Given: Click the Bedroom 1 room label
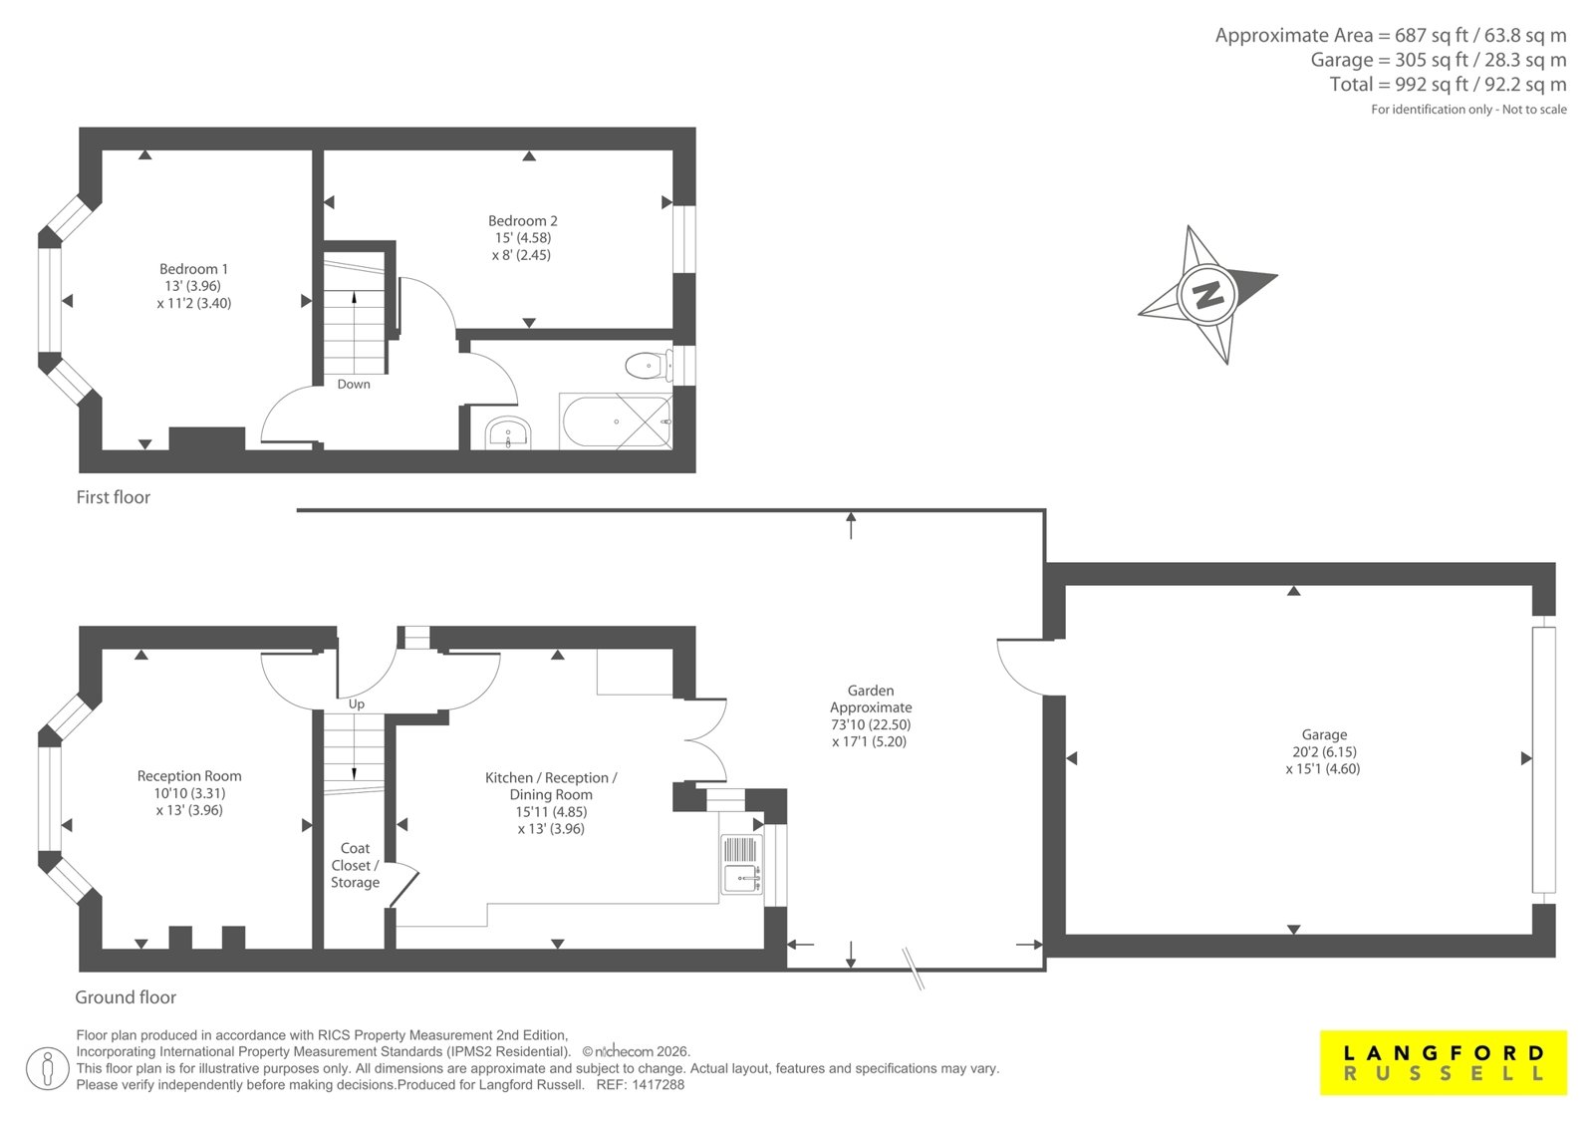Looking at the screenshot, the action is pos(193,286).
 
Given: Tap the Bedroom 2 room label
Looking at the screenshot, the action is pos(522,238).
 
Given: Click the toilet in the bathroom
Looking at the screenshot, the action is pos(649,367).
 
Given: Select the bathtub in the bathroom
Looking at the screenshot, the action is pos(616,422).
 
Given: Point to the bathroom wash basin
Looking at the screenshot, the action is pos(508,432).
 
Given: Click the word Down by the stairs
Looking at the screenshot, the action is pos(354,384).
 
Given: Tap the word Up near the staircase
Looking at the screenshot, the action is pos(357,704).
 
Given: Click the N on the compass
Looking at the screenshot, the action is pos(1206,294).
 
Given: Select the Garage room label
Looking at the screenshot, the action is pos(1324,751).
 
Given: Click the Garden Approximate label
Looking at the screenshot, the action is pos(871,715).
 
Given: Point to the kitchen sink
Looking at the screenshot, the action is pos(741,864).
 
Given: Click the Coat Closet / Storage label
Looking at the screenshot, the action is pos(355,865).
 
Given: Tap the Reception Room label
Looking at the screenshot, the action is pos(189,792).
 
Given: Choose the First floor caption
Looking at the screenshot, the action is pos(114,497).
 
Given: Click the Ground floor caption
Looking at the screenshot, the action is pos(126,996).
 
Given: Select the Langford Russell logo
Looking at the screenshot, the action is pos(1444,1062).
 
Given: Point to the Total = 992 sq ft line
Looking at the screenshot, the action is pos(1449,84).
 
